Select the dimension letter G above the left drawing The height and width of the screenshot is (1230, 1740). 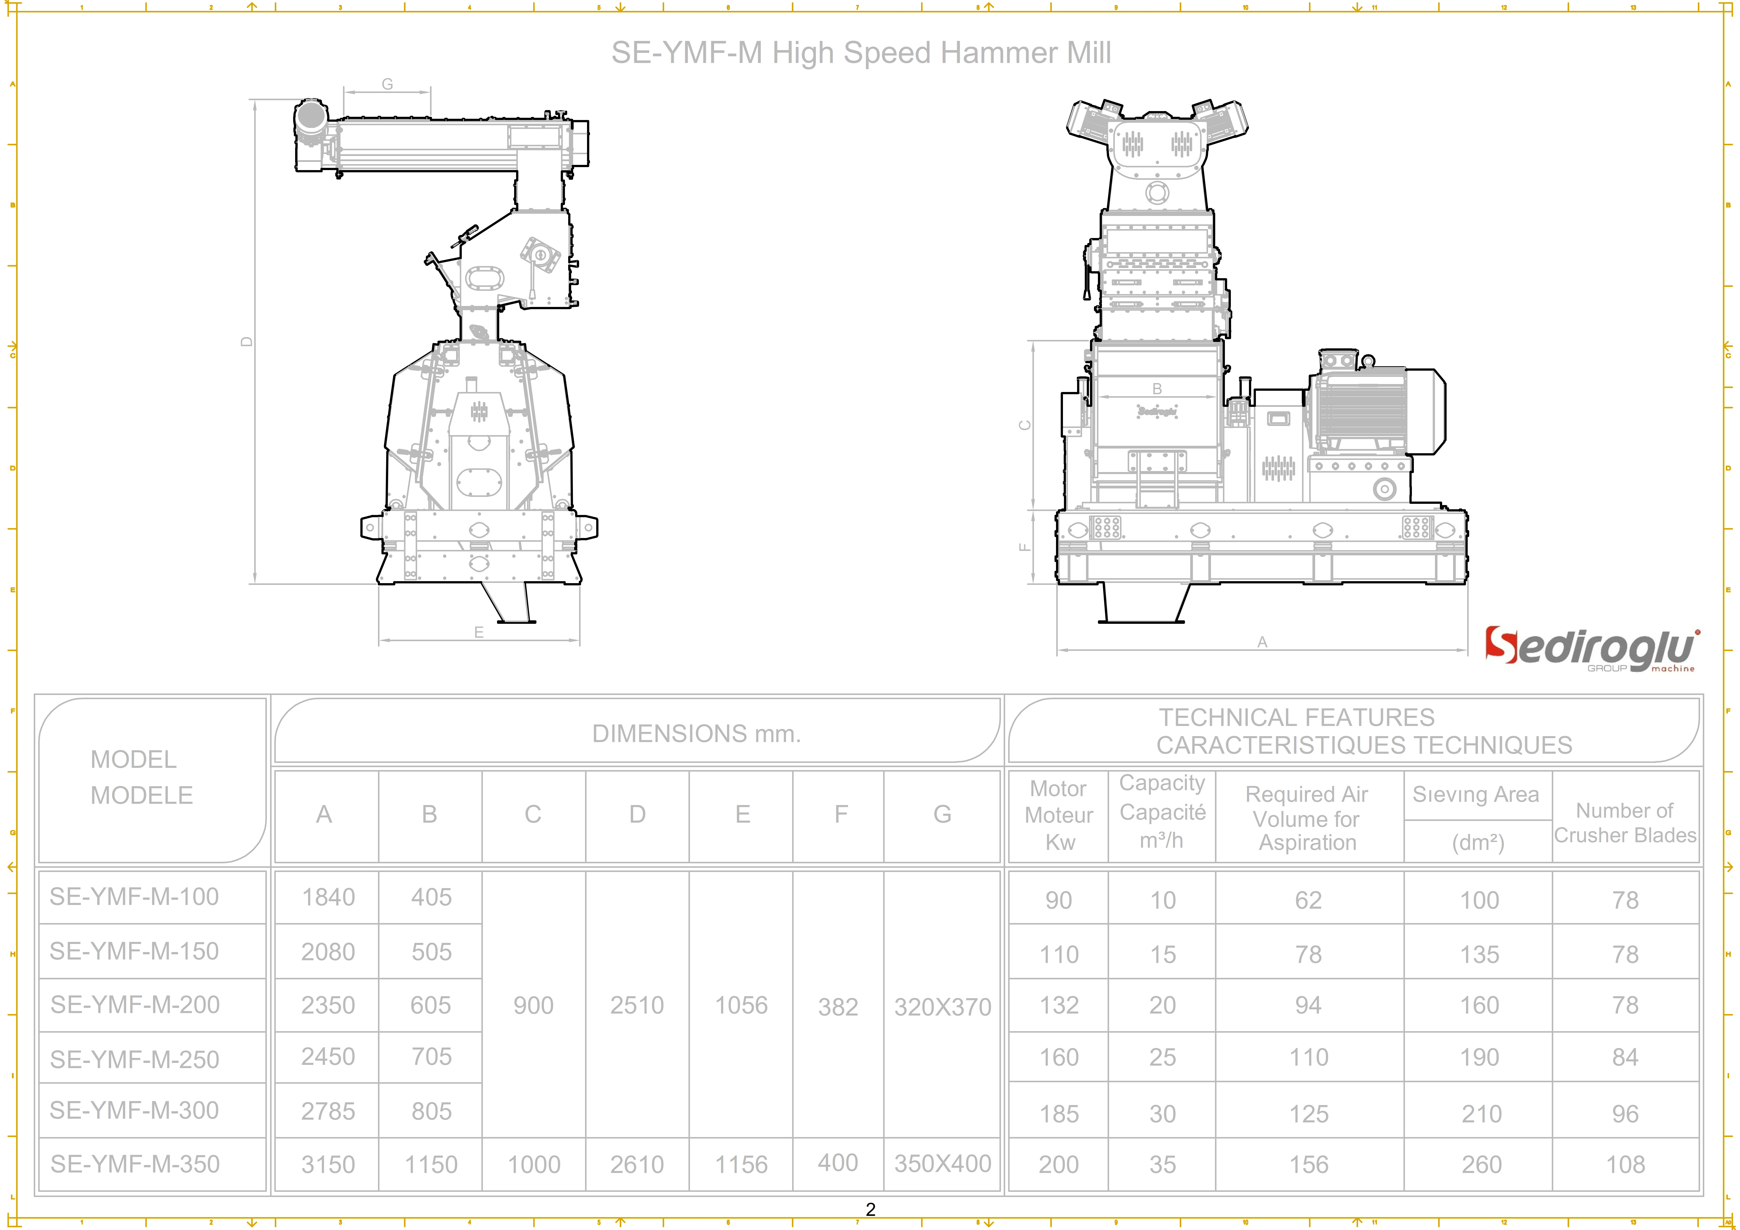(387, 84)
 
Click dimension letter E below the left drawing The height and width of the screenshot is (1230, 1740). (479, 632)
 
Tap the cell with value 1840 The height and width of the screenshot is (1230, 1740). (328, 897)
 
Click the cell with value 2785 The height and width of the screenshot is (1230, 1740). (328, 1111)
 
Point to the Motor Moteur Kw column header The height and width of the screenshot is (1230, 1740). (1059, 815)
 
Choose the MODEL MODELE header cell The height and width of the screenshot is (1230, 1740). (142, 778)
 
